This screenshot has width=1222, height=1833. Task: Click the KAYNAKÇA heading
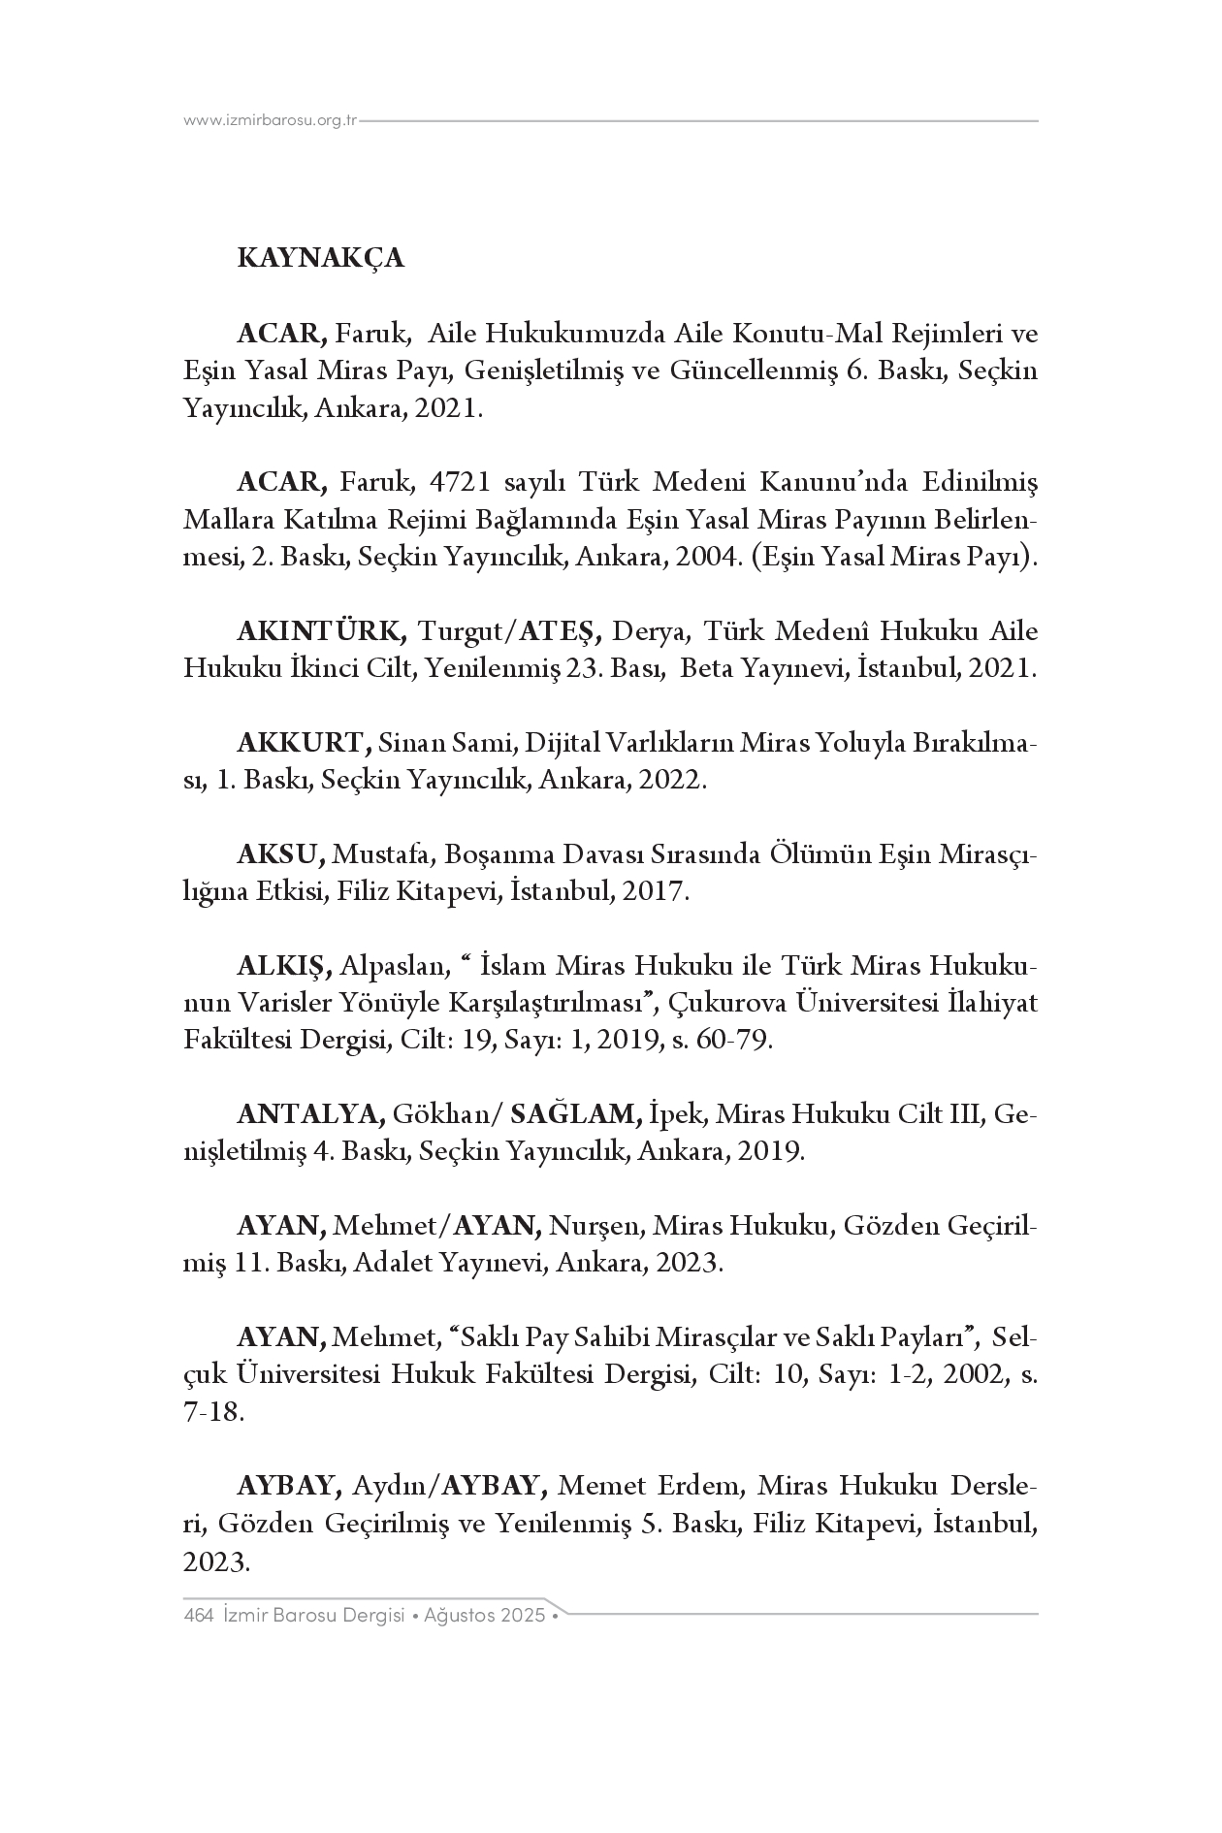(x=320, y=259)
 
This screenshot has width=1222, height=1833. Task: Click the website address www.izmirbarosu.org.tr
(x=271, y=120)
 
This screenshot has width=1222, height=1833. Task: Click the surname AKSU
(x=279, y=855)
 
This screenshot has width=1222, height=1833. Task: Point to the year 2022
(x=670, y=781)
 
